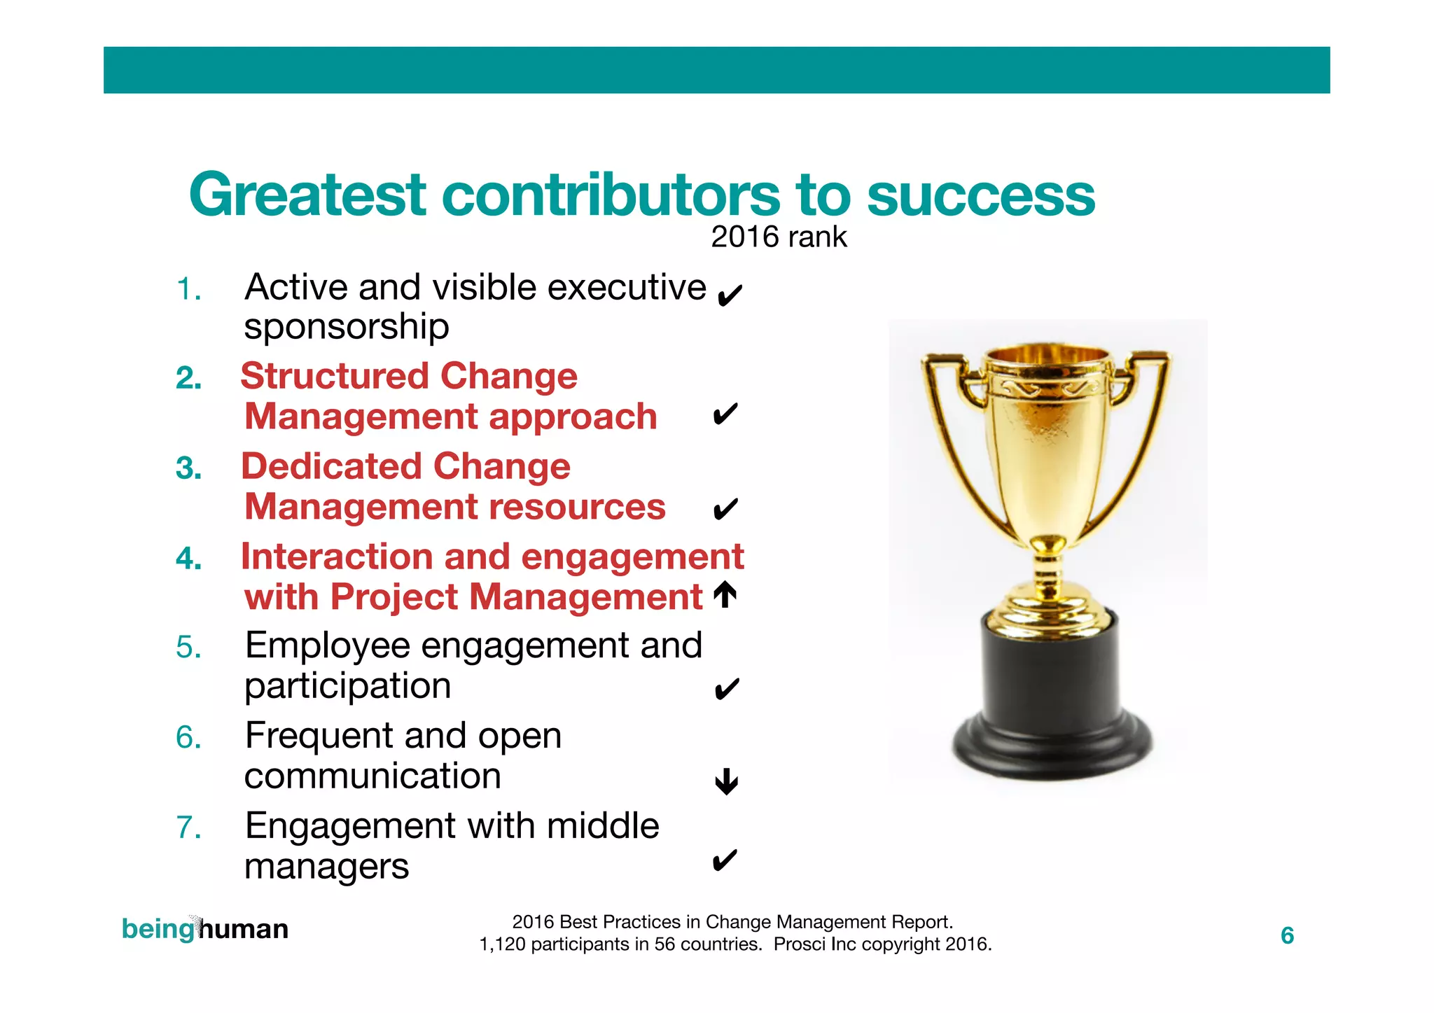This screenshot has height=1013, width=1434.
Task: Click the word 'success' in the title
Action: point(980,195)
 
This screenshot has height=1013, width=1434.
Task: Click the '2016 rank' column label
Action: point(779,237)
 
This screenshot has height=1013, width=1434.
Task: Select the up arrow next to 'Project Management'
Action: point(725,596)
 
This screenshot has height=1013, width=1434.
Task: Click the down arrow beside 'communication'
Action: point(727,781)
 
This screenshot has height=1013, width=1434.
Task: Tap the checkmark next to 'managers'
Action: point(725,860)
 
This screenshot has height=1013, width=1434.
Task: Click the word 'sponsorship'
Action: point(347,328)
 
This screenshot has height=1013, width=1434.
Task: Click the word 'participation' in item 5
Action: point(347,686)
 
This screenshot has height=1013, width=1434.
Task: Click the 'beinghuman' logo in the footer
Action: point(204,930)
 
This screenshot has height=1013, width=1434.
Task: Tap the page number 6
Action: point(1287,936)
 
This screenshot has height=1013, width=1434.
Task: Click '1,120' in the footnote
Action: point(502,945)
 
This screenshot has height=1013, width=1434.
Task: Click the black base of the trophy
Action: point(1050,700)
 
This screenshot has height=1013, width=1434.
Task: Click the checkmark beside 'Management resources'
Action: point(725,509)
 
